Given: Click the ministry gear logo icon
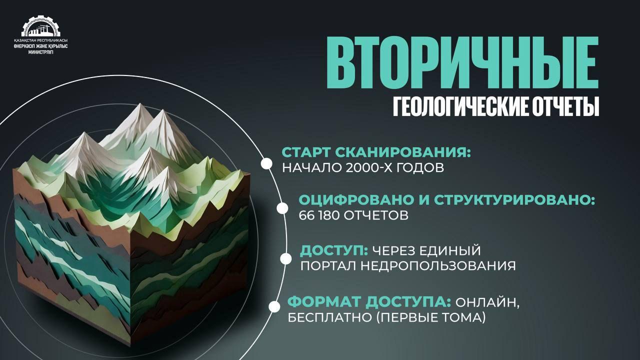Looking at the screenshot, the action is (x=41, y=26).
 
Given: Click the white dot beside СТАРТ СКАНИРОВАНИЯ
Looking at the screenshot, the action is (x=266, y=163).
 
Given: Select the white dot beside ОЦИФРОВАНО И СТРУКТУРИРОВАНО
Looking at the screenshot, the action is (x=282, y=208).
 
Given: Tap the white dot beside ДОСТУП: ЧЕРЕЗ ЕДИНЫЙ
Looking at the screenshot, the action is (x=285, y=259).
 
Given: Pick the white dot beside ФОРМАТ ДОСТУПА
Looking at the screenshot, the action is (x=274, y=306).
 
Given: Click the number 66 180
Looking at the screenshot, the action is (x=318, y=215).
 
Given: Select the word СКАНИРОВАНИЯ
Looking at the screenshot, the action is (x=403, y=152).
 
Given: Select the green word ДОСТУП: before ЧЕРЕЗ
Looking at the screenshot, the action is (x=334, y=251).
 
